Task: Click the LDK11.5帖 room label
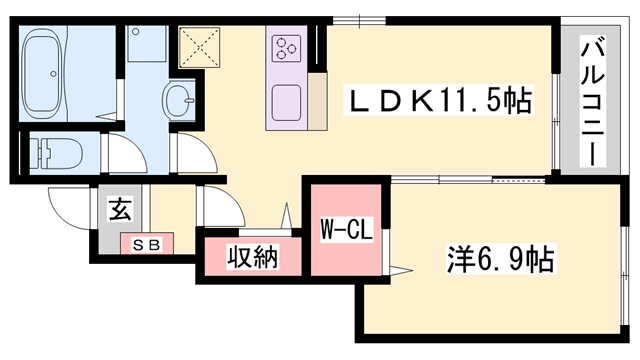[437, 100]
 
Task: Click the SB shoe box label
[146, 243]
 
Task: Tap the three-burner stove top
[285, 46]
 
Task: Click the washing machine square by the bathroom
[146, 45]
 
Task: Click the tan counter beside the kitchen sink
[316, 101]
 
